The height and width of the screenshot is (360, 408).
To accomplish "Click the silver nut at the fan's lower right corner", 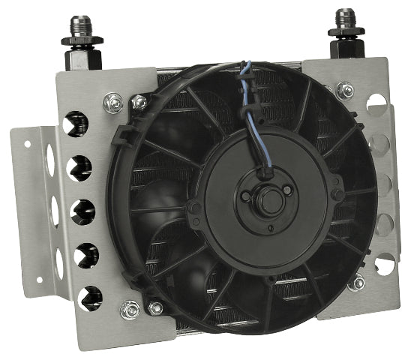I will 358,282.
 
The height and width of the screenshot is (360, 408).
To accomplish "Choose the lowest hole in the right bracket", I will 384,263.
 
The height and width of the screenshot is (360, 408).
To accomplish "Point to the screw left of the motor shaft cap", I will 246,196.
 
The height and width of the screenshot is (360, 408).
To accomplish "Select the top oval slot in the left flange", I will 50,159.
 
